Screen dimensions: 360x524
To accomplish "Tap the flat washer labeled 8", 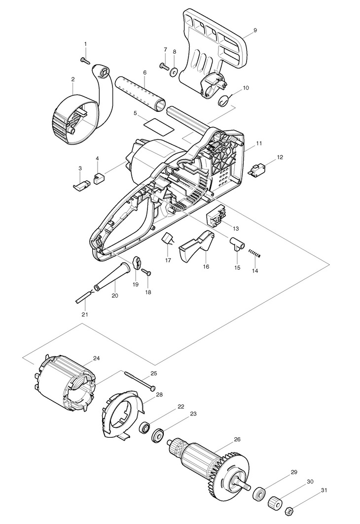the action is pyautogui.click(x=174, y=71).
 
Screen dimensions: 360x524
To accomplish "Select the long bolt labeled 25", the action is pyautogui.click(x=140, y=380).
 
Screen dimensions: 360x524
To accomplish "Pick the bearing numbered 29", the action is pyautogui.click(x=259, y=493).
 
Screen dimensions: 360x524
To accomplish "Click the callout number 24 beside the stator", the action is pyautogui.click(x=96, y=358).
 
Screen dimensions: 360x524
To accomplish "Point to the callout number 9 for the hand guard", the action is pyautogui.click(x=255, y=30).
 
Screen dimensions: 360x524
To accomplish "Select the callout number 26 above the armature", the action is pyautogui.click(x=237, y=439).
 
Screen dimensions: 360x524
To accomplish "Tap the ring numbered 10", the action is pyautogui.click(x=223, y=100).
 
